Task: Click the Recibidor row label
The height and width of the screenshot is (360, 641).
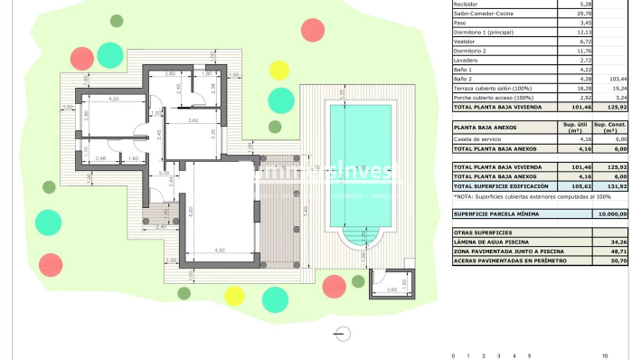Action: click(x=467, y=5)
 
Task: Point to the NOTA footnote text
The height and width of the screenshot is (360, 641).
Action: click(x=520, y=196)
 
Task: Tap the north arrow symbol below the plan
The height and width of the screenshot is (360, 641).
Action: click(x=342, y=333)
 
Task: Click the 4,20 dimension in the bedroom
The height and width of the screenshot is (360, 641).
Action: click(x=114, y=98)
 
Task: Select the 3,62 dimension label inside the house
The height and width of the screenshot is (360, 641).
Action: click(x=193, y=119)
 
